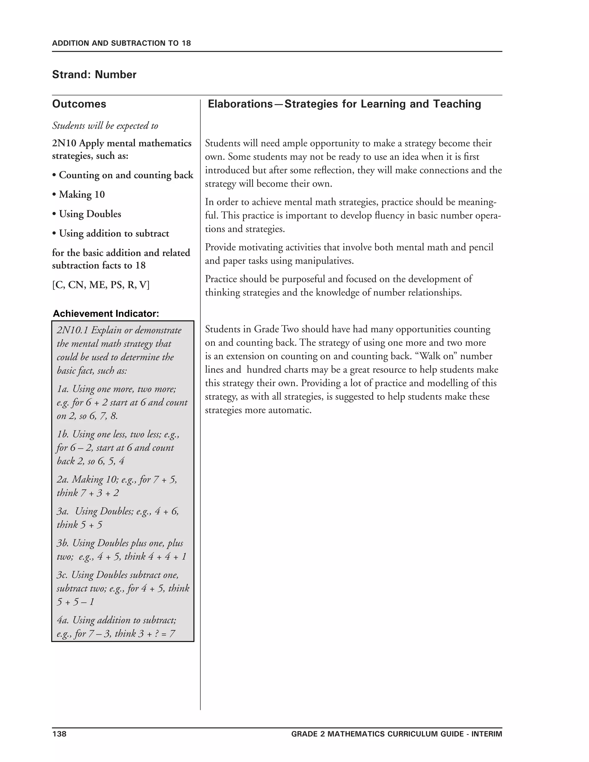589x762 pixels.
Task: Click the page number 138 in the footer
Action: [59, 734]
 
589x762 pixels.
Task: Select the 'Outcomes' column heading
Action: [79, 104]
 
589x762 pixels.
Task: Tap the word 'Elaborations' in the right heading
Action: [240, 104]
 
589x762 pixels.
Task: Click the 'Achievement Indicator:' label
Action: [106, 313]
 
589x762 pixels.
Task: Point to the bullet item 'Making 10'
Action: [82, 194]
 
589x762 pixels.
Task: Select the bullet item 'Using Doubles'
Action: [90, 214]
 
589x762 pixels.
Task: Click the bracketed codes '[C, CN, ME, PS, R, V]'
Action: [101, 285]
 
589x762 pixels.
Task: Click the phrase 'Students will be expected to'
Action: [105, 126]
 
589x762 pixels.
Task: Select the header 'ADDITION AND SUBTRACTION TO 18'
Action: [121, 43]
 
